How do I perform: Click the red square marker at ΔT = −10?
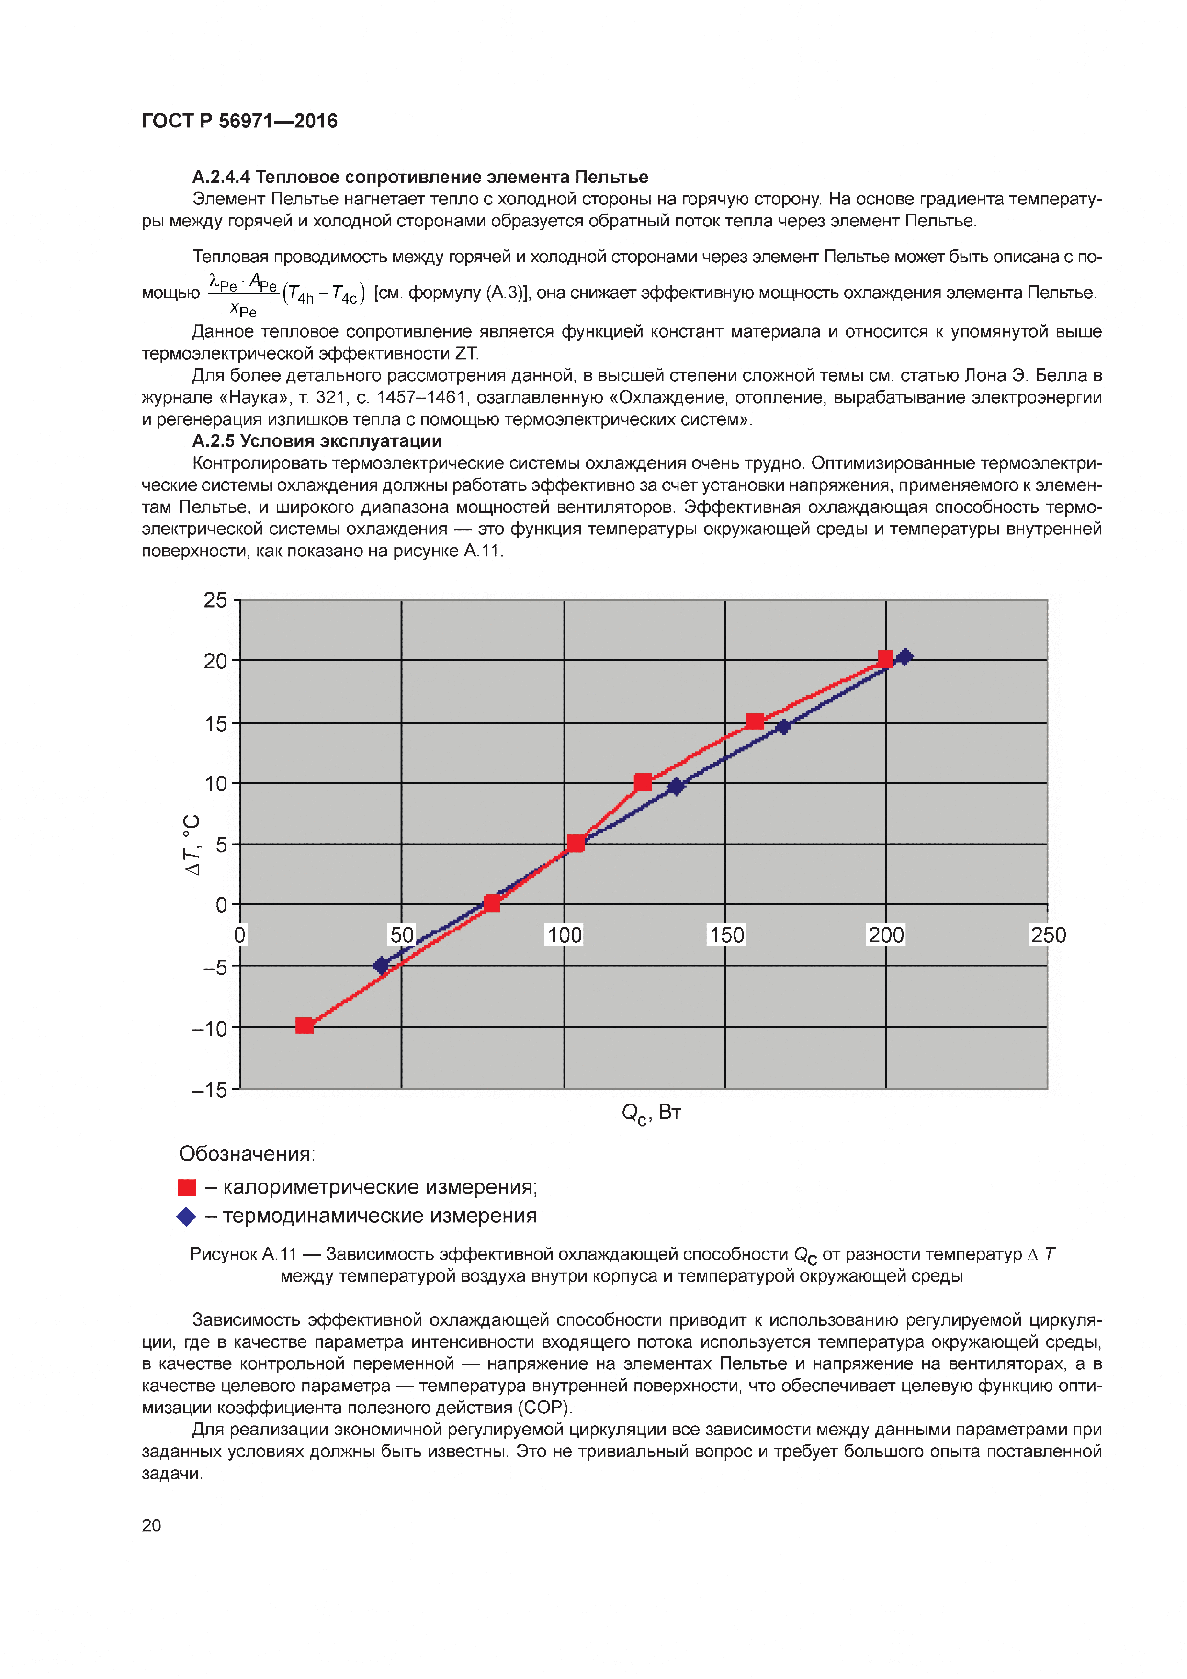pyautogui.click(x=304, y=1025)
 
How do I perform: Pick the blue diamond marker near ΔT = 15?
pyautogui.click(x=783, y=726)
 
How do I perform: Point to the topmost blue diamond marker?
pyautogui.click(x=904, y=657)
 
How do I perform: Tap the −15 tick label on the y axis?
pyautogui.click(x=209, y=1090)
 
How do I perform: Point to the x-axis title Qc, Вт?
pyautogui.click(x=651, y=1113)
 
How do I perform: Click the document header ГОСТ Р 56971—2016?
pyautogui.click(x=239, y=121)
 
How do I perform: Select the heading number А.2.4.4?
pyautogui.click(x=221, y=177)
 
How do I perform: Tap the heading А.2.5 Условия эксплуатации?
pyautogui.click(x=317, y=441)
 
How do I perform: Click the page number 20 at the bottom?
pyautogui.click(x=151, y=1525)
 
